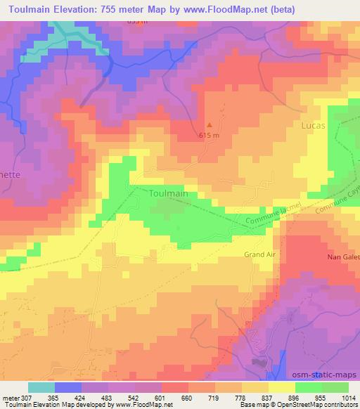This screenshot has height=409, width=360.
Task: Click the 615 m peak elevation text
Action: (x=210, y=135)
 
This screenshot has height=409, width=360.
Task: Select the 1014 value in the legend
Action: (x=347, y=397)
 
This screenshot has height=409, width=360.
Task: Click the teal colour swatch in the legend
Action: (x=41, y=387)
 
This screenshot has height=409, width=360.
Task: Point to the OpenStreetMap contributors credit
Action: (x=316, y=405)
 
